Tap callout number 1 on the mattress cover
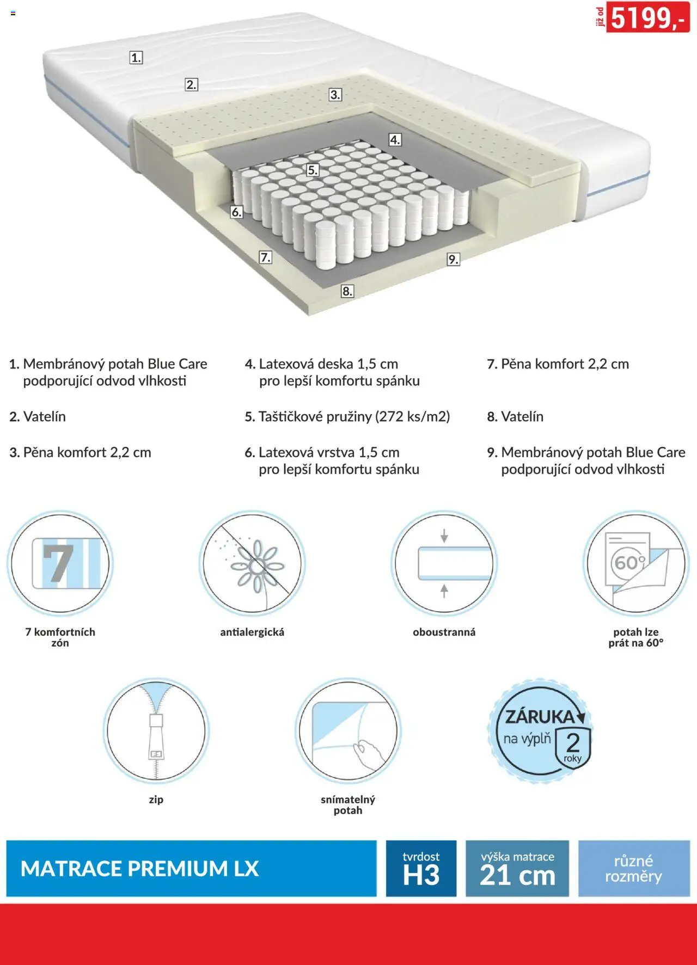pos(136,58)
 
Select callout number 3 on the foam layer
pos(335,95)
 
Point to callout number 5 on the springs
pos(313,170)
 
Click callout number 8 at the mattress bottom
pos(347,291)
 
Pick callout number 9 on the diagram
pos(453,260)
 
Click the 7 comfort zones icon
pos(60,563)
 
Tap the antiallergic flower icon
pos(252,563)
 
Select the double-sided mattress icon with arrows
pos(444,563)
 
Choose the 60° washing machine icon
pos(636,563)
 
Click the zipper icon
pos(156,730)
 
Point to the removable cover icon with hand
pos(348,730)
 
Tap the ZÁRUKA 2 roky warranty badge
pos(540,731)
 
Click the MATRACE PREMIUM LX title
pos(139,869)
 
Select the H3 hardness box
pos(421,869)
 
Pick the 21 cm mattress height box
pos(517,869)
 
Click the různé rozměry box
pos(634,869)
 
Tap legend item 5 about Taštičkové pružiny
pos(347,417)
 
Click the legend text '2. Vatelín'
pos(38,417)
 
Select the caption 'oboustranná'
pos(444,632)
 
